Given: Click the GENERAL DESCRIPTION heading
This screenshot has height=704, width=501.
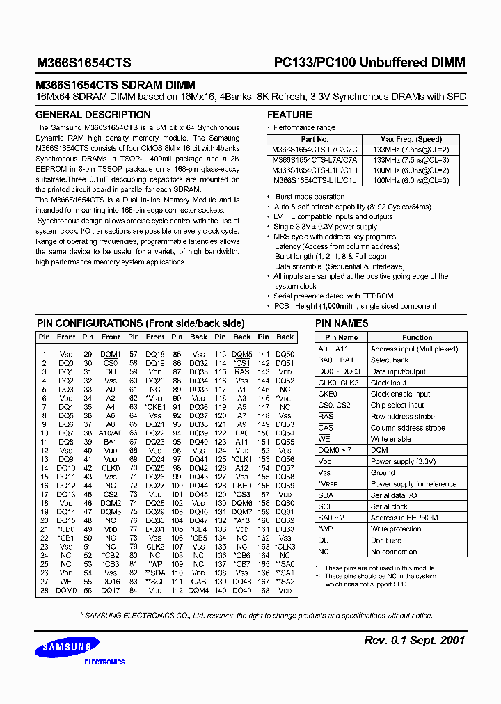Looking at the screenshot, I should pyautogui.click(x=93, y=115).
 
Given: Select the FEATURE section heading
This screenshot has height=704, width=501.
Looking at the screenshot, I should pyautogui.click(x=289, y=115).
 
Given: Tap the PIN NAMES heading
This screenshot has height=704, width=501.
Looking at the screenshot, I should pyautogui.click(x=342, y=323).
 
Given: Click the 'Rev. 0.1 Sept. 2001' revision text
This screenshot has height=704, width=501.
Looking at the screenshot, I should pyautogui.click(x=415, y=640).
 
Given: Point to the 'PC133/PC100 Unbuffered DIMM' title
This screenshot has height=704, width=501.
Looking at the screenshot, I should pyautogui.click(x=369, y=63).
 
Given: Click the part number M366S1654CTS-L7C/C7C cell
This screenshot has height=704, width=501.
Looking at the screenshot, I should pyautogui.click(x=315, y=150).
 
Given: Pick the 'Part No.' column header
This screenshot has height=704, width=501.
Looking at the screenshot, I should pyautogui.click(x=315, y=139).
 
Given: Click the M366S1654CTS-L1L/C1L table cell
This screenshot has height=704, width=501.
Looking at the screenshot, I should pyautogui.click(x=315, y=180).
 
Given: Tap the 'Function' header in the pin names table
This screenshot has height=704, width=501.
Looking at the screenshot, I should pyautogui.click(x=417, y=337).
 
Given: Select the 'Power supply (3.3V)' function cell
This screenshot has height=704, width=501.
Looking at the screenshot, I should pyautogui.click(x=404, y=461).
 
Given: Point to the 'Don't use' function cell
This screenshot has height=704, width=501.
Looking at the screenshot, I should pyautogui.click(x=386, y=541).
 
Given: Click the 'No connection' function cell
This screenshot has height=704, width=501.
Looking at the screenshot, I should pyautogui.click(x=394, y=552).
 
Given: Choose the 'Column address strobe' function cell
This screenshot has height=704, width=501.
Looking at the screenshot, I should pyautogui.click(x=408, y=428).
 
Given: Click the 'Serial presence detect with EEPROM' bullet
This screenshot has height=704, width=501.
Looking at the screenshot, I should pyautogui.click(x=333, y=296).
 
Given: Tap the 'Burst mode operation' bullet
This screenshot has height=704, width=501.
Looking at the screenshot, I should pyautogui.click(x=310, y=198).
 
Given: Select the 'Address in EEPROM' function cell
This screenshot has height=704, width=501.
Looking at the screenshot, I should pyautogui.click(x=404, y=518).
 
